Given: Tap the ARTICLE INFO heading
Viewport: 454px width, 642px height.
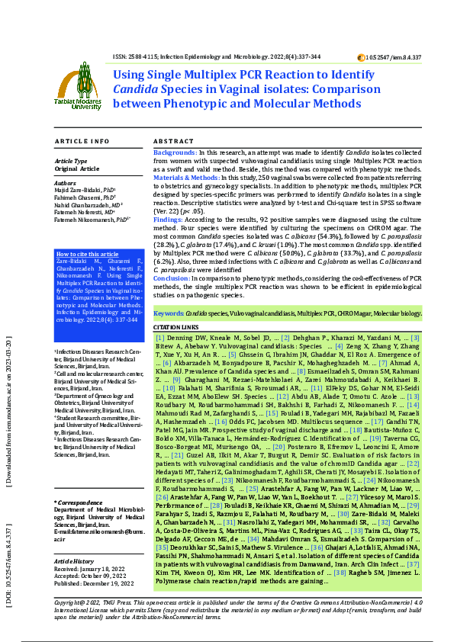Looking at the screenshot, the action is click(x=83, y=142).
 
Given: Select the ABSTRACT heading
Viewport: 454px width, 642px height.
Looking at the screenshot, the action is click(x=173, y=142).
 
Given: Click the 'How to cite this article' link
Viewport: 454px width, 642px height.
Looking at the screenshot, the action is click(x=87, y=254).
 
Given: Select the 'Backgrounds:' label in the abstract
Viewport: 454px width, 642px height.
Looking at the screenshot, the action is click(x=175, y=153).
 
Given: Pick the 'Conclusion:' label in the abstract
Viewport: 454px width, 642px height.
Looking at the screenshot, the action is click(x=174, y=278).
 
